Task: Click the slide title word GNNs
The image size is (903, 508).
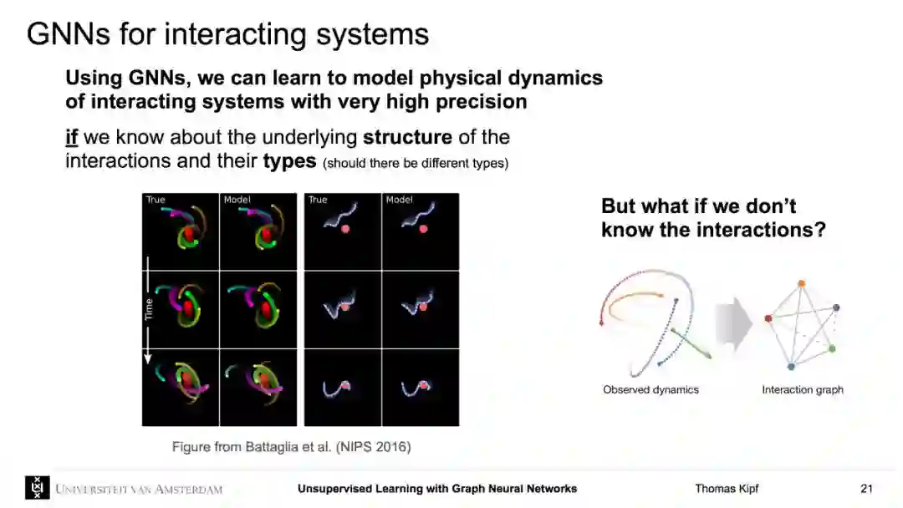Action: [x=69, y=33]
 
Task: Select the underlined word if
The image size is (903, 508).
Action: [x=71, y=137]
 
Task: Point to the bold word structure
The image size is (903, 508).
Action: [x=407, y=137]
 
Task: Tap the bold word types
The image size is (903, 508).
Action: [x=289, y=161]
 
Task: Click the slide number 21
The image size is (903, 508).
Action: [x=867, y=489]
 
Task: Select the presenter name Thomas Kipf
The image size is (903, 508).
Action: [x=727, y=489]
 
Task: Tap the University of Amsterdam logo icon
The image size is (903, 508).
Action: [x=38, y=488]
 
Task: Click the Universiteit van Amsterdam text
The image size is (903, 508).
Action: [x=139, y=489]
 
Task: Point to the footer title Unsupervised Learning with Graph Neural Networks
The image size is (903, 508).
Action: [x=437, y=489]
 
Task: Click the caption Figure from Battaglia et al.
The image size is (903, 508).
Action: [x=292, y=446]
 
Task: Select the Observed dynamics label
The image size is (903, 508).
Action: [x=650, y=389]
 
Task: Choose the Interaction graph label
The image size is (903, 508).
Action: [x=802, y=389]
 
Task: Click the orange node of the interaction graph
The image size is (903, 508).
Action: [x=801, y=283]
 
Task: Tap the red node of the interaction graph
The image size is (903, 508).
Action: [x=768, y=318]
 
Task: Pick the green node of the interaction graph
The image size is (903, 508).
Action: [x=832, y=348]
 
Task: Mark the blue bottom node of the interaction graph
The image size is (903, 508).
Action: [x=791, y=367]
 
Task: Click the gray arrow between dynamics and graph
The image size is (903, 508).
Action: [x=734, y=323]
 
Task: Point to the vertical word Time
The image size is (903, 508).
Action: [x=149, y=309]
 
